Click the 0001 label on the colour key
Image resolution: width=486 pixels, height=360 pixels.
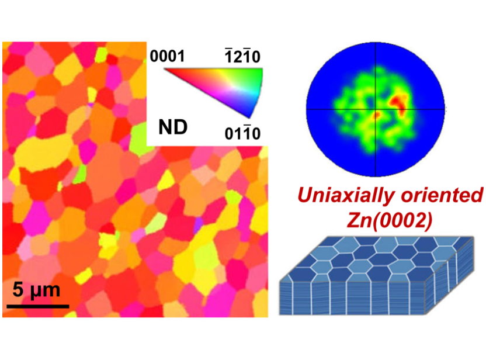[168, 57]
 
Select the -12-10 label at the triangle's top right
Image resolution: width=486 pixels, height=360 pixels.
[240, 57]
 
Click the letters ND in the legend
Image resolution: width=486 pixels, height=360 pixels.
[173, 127]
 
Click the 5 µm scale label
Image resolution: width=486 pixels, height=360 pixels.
[36, 289]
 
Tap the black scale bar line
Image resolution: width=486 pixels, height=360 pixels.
[38, 305]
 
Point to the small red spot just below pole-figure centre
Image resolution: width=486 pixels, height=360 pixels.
[379, 116]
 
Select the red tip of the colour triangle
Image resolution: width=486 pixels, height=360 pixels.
[166, 70]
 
